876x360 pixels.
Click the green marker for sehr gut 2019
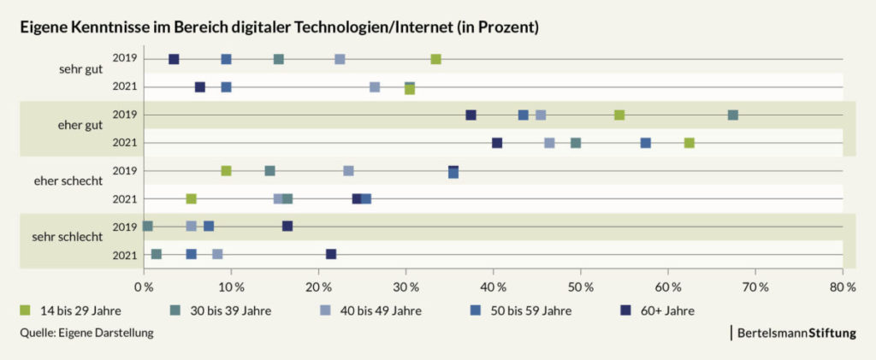tap(435, 59)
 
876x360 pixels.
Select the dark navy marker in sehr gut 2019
tap(174, 59)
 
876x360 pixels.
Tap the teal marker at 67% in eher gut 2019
tap(732, 115)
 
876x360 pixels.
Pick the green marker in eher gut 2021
tap(689, 143)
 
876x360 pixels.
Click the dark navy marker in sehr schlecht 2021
tap(331, 254)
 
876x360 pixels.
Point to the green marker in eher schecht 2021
tap(191, 198)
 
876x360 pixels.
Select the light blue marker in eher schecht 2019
tap(348, 171)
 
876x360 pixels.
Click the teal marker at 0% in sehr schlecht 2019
tap(147, 226)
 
